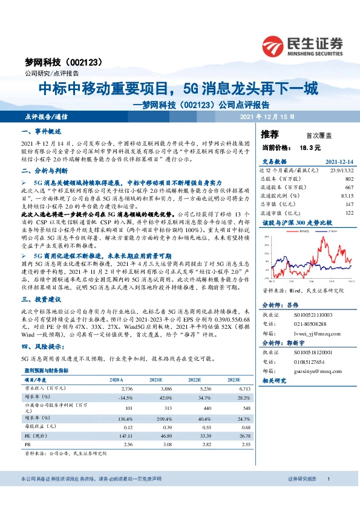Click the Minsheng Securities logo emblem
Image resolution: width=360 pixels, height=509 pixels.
coord(274,44)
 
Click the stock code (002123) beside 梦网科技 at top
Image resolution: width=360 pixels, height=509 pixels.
coord(83,62)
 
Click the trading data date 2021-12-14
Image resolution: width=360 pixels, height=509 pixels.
coord(335,162)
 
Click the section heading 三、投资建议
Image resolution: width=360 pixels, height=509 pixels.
coord(39,299)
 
